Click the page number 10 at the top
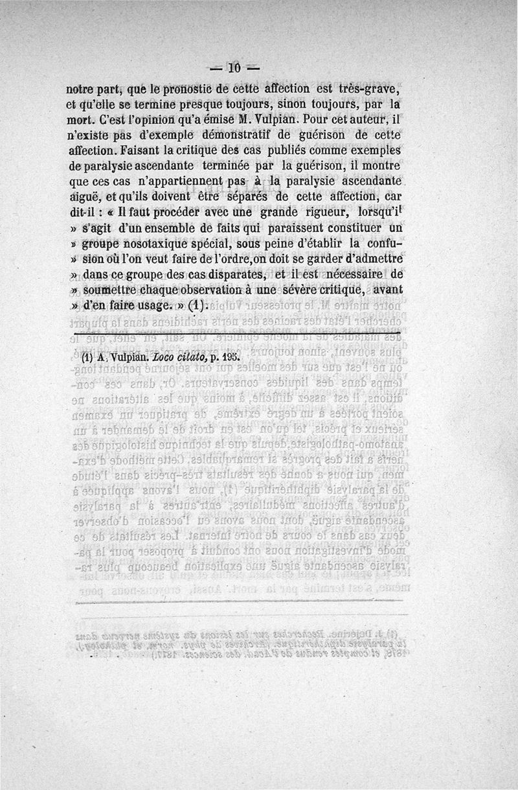pyautogui.click(x=234, y=67)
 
